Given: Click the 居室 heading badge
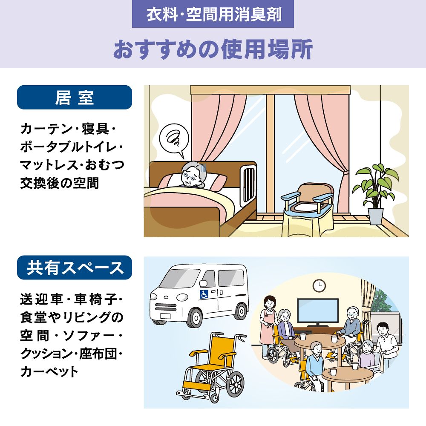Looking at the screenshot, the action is [x=75, y=97].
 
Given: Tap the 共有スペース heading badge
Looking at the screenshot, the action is [x=75, y=268].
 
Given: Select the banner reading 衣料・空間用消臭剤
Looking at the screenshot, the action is [x=213, y=14].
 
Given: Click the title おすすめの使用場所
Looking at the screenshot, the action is [x=213, y=49].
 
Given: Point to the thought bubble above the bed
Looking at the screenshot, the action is [x=174, y=140].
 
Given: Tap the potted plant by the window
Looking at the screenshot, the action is [x=375, y=193].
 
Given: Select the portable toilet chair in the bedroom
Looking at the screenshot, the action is [x=308, y=209].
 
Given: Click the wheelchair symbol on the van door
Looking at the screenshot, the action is [x=204, y=294].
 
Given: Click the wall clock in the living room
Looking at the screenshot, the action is [x=319, y=285].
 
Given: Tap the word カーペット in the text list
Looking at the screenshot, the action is [x=49, y=371].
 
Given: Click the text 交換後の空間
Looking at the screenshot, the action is [x=60, y=183].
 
